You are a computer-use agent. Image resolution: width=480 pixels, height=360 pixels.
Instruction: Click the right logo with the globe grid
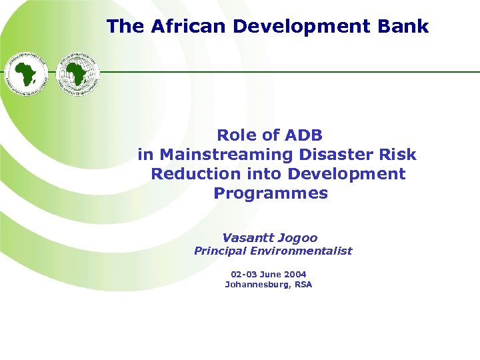[x=77, y=73]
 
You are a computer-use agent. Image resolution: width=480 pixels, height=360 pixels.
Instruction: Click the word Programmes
[x=271, y=193]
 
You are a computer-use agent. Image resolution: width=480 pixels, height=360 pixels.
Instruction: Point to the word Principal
[x=221, y=251]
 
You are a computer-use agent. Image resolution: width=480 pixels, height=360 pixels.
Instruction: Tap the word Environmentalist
[x=301, y=251]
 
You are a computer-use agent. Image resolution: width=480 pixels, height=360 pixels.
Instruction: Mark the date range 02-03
[x=243, y=274]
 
